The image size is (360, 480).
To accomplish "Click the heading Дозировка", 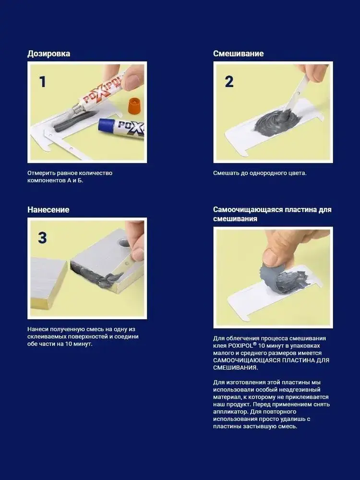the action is click(x=48, y=54).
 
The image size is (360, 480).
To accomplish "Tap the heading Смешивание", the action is click(x=239, y=54).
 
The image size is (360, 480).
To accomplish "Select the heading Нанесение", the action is click(x=48, y=210).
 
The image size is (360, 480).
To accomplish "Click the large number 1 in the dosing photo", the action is click(x=43, y=82).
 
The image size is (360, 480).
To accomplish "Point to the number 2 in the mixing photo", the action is click(x=229, y=82).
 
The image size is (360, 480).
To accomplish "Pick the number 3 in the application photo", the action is click(x=43, y=238).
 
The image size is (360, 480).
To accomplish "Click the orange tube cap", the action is click(x=135, y=106).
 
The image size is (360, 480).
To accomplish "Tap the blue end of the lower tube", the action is click(x=105, y=126).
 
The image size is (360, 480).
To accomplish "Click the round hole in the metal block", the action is click(x=123, y=243).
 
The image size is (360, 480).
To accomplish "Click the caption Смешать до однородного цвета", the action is click(x=260, y=173).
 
